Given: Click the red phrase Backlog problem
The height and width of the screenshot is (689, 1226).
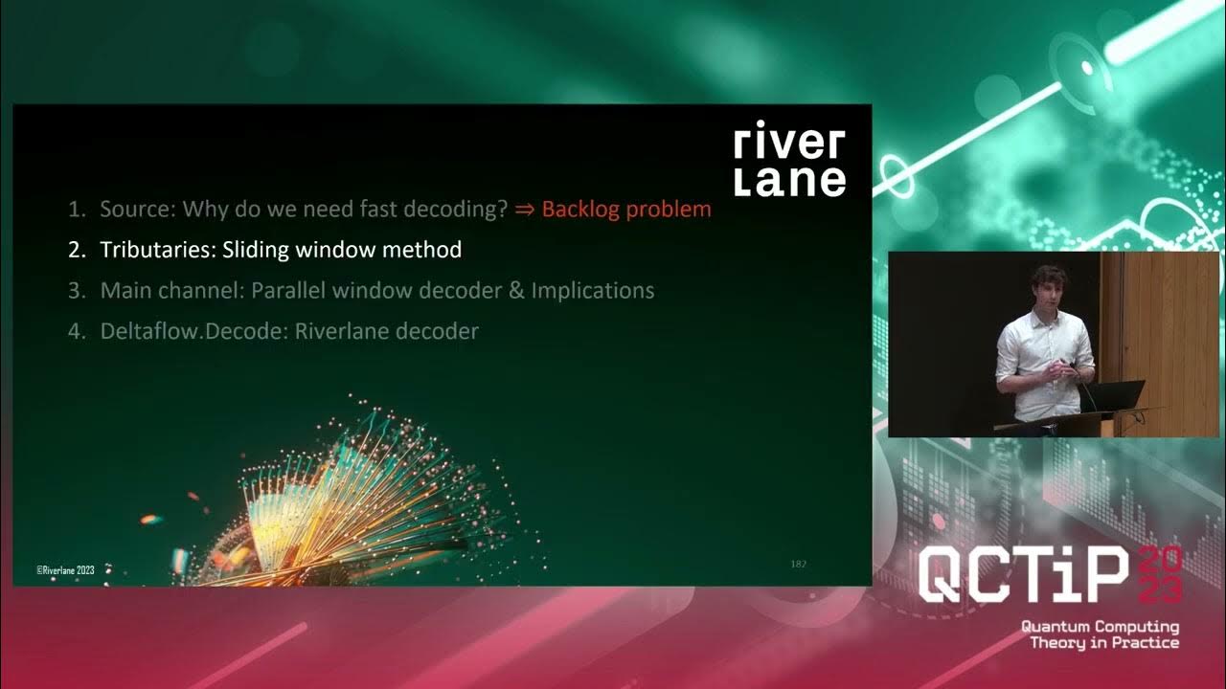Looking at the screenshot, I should pos(626,209).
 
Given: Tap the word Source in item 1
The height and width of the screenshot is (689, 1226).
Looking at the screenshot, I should pos(134,209).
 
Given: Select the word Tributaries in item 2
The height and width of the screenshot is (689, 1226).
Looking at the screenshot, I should pos(157,250).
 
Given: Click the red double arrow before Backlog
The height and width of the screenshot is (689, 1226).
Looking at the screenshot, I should pos(525,210).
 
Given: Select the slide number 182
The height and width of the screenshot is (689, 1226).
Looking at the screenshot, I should pos(798,564).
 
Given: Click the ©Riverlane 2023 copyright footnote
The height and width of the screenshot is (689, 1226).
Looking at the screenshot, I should pos(65,569).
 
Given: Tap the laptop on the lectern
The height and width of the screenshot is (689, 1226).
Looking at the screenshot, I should pos(1116,394).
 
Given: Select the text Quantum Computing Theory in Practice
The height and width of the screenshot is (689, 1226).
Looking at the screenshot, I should pos(1100,634).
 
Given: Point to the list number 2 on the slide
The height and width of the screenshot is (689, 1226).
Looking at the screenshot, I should pos(76,250).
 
